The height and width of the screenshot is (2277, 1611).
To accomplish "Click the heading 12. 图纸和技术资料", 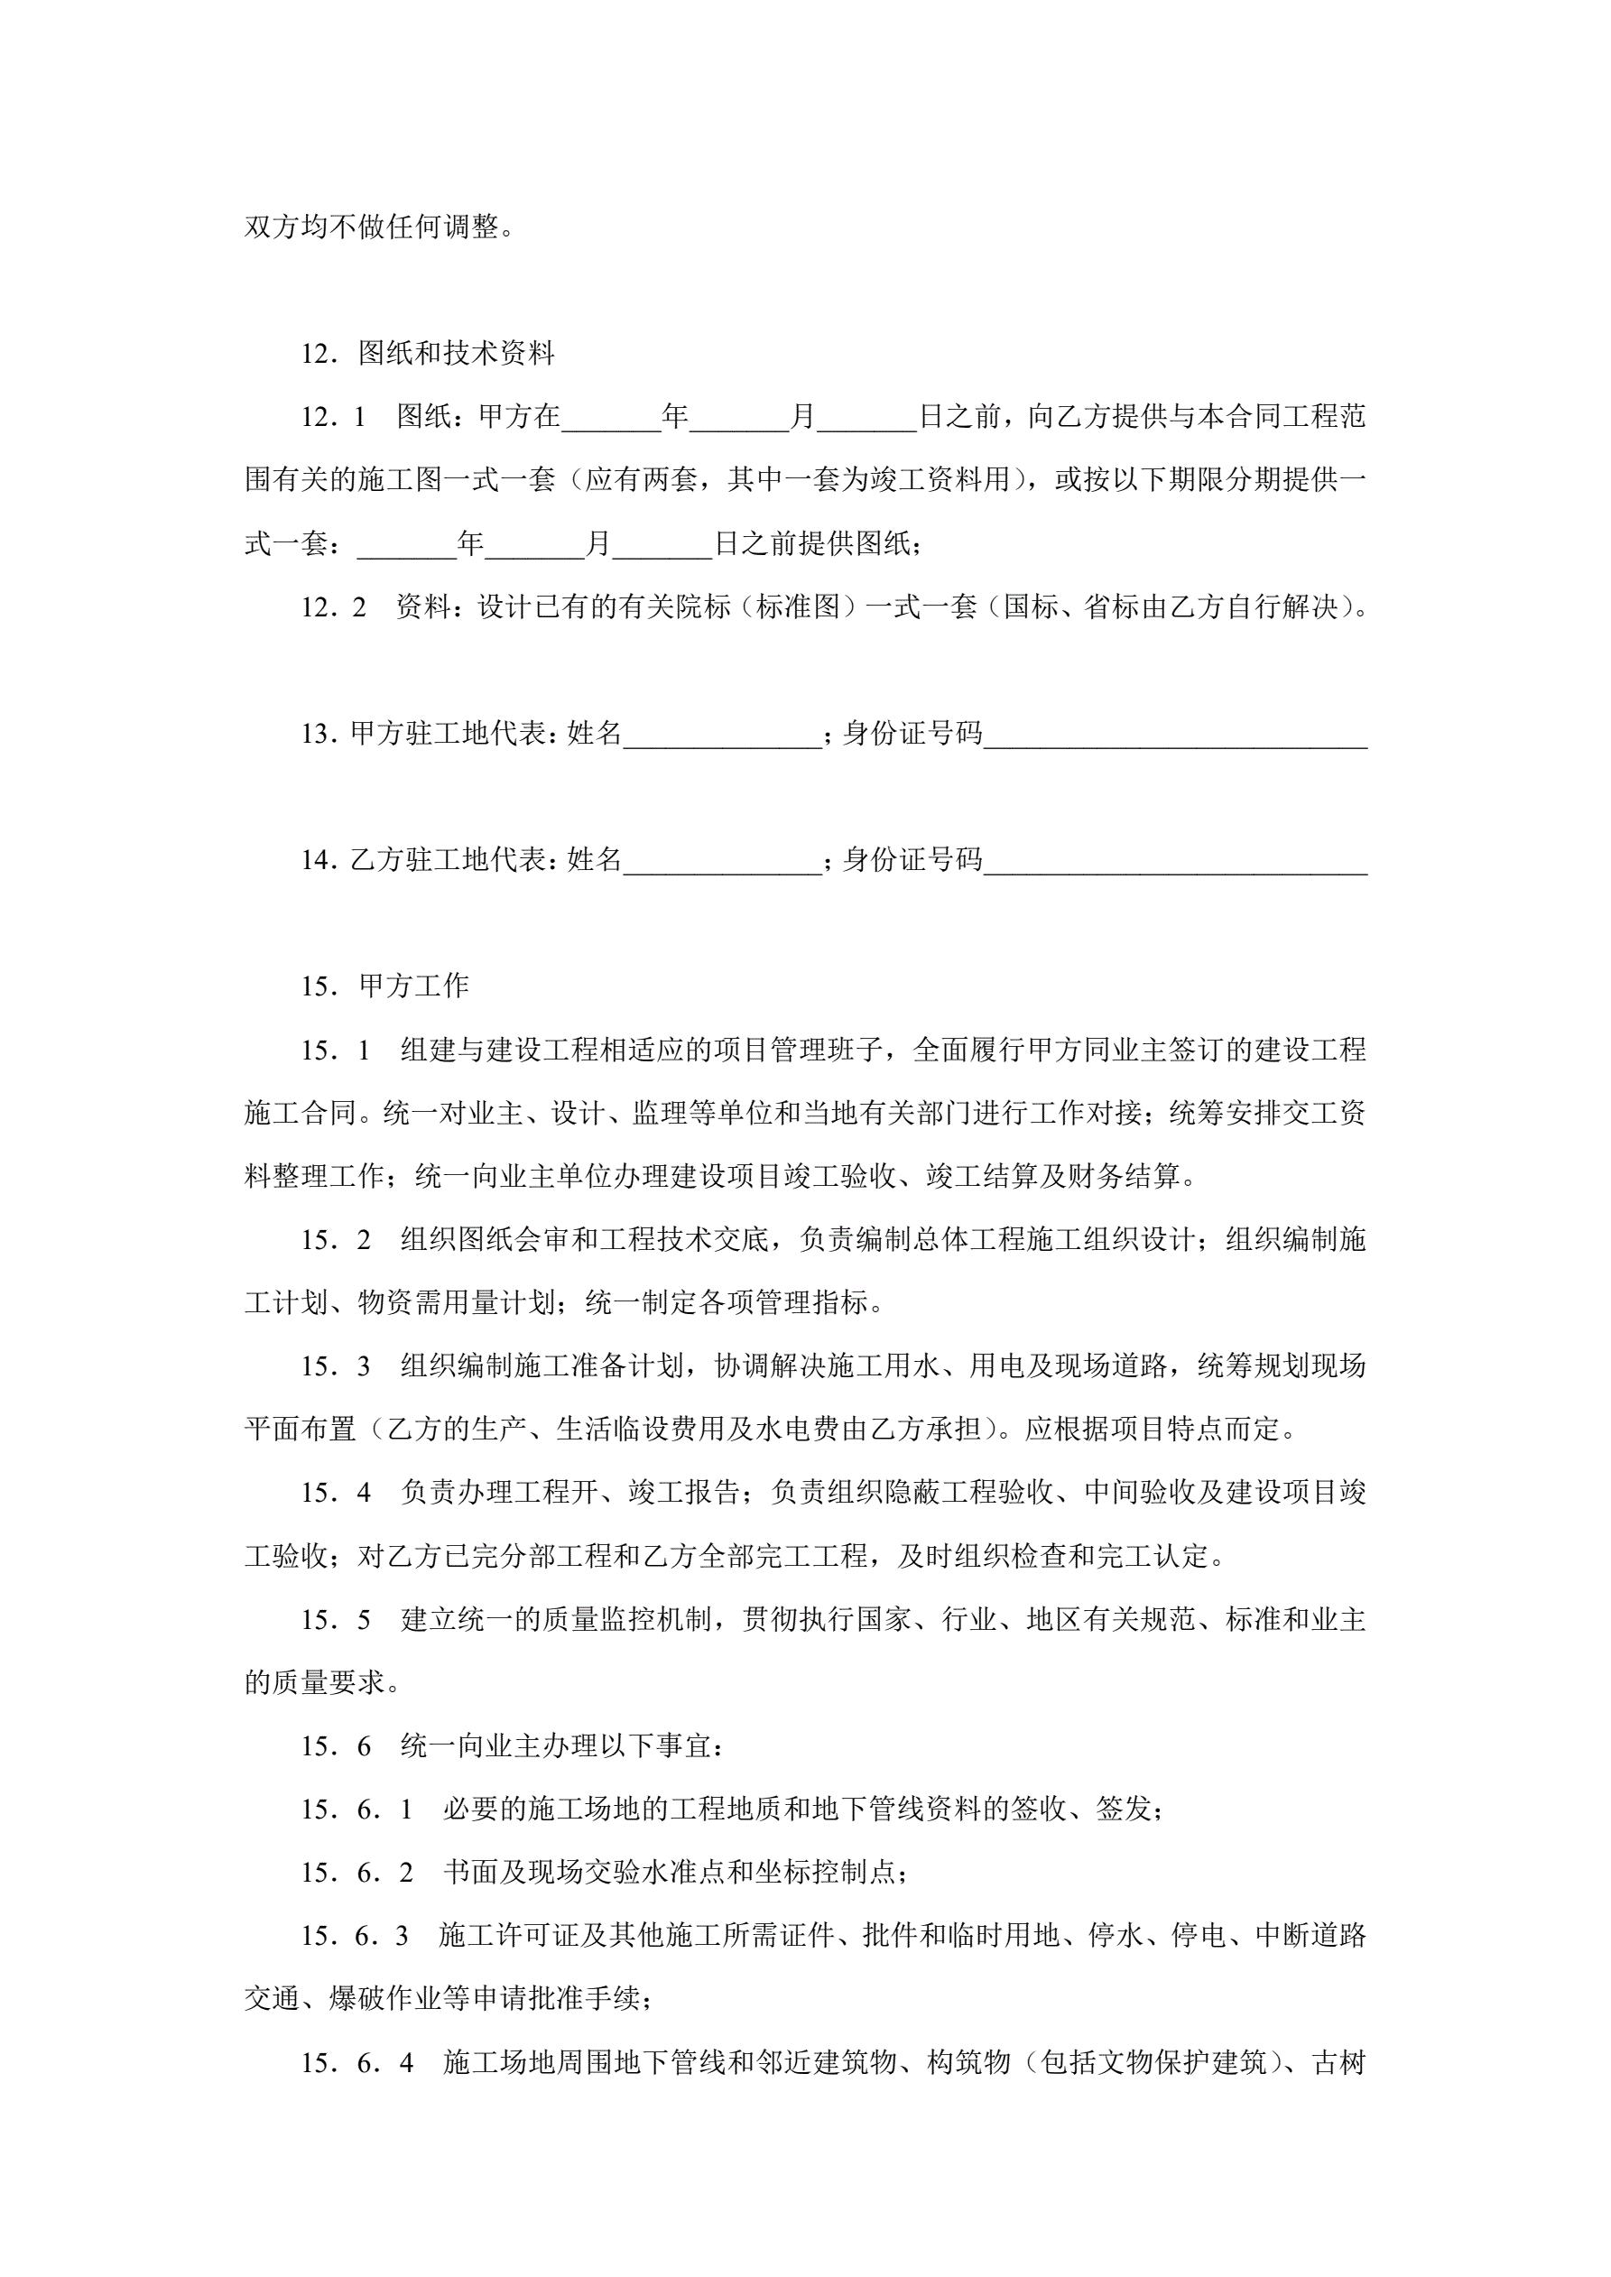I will tap(428, 353).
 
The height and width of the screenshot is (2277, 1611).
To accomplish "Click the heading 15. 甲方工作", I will tap(384, 985).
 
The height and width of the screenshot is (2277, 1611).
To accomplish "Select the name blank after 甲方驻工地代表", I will tap(722, 733).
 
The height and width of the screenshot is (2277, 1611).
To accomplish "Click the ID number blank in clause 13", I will tap(1175, 733).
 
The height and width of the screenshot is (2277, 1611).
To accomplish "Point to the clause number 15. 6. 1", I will tap(357, 1809).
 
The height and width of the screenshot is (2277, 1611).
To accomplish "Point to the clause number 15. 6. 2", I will tap(357, 1873).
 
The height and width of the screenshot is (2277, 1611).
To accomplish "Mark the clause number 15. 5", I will tap(336, 1619).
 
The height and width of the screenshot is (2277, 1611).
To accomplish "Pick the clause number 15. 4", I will tap(336, 1493).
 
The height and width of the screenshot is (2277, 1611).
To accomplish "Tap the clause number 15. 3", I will tap(336, 1365).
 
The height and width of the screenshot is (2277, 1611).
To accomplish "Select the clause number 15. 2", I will tap(336, 1238).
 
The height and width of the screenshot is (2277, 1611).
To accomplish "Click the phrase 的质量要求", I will tap(314, 1682).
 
